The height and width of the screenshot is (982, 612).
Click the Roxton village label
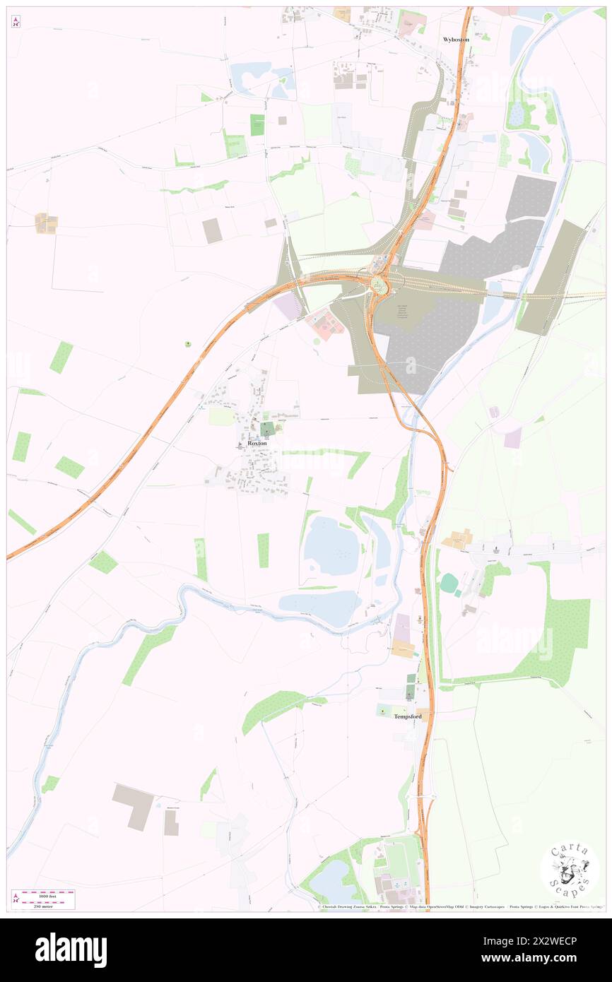click(x=257, y=443)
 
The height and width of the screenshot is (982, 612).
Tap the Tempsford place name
click(x=408, y=716)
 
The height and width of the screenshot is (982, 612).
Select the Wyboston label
click(x=456, y=40)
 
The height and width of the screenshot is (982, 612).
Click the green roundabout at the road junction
click(x=380, y=285)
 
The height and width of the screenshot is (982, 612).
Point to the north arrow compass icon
click(x=16, y=22)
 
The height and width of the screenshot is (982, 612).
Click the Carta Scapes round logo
click(x=570, y=870)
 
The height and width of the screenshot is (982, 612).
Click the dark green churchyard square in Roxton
click(x=268, y=428)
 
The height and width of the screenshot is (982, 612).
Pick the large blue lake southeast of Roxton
click(x=331, y=546)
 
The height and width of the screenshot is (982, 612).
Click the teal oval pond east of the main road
click(x=449, y=583)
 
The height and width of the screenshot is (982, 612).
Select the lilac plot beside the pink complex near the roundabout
click(x=289, y=306)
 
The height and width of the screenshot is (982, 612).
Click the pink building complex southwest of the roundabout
click(x=325, y=324)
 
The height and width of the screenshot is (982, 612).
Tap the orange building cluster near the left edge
click(x=46, y=223)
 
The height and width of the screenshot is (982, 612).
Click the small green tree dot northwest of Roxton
click(x=187, y=344)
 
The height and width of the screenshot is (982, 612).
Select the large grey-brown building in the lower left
click(x=133, y=806)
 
